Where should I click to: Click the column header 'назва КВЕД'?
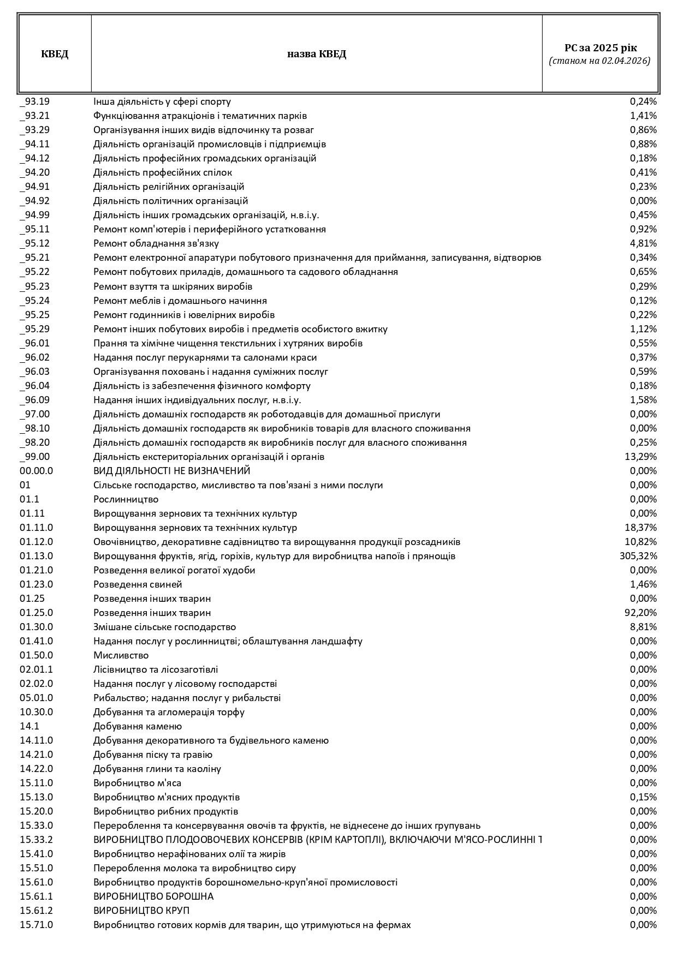click(x=316, y=54)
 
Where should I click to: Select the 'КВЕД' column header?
click(x=55, y=54)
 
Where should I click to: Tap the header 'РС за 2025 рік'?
click(x=600, y=48)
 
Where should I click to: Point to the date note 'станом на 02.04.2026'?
click(x=599, y=61)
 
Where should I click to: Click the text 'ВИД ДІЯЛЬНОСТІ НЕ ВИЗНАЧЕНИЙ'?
click(x=171, y=471)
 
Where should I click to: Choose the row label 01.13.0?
click(x=37, y=556)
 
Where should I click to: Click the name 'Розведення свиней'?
click(x=138, y=584)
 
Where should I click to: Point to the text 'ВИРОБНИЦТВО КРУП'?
click(x=141, y=911)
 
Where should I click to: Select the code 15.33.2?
click(x=37, y=840)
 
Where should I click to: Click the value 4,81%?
click(x=643, y=243)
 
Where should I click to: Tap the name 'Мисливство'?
click(x=121, y=655)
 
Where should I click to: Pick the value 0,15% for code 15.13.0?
click(x=643, y=797)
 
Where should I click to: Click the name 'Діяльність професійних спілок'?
click(x=163, y=172)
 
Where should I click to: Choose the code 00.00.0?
click(x=37, y=471)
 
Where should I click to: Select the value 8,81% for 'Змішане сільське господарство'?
click(x=643, y=627)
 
